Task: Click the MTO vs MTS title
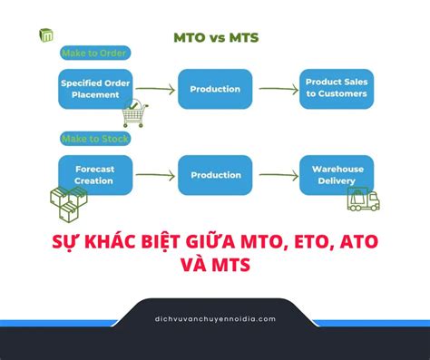tap(215, 37)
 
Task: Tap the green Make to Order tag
tap(93, 54)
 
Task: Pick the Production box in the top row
tap(215, 89)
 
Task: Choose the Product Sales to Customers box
tap(336, 88)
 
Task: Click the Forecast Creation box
tap(93, 174)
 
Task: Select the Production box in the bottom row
tap(215, 174)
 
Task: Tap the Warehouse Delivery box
tap(336, 174)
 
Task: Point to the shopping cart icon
tap(133, 114)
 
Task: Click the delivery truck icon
tap(364, 200)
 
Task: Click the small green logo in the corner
tap(46, 35)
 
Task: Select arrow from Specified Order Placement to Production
tap(153, 89)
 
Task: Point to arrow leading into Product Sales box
tap(276, 89)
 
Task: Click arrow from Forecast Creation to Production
tap(153, 174)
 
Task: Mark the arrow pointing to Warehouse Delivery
tap(276, 174)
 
